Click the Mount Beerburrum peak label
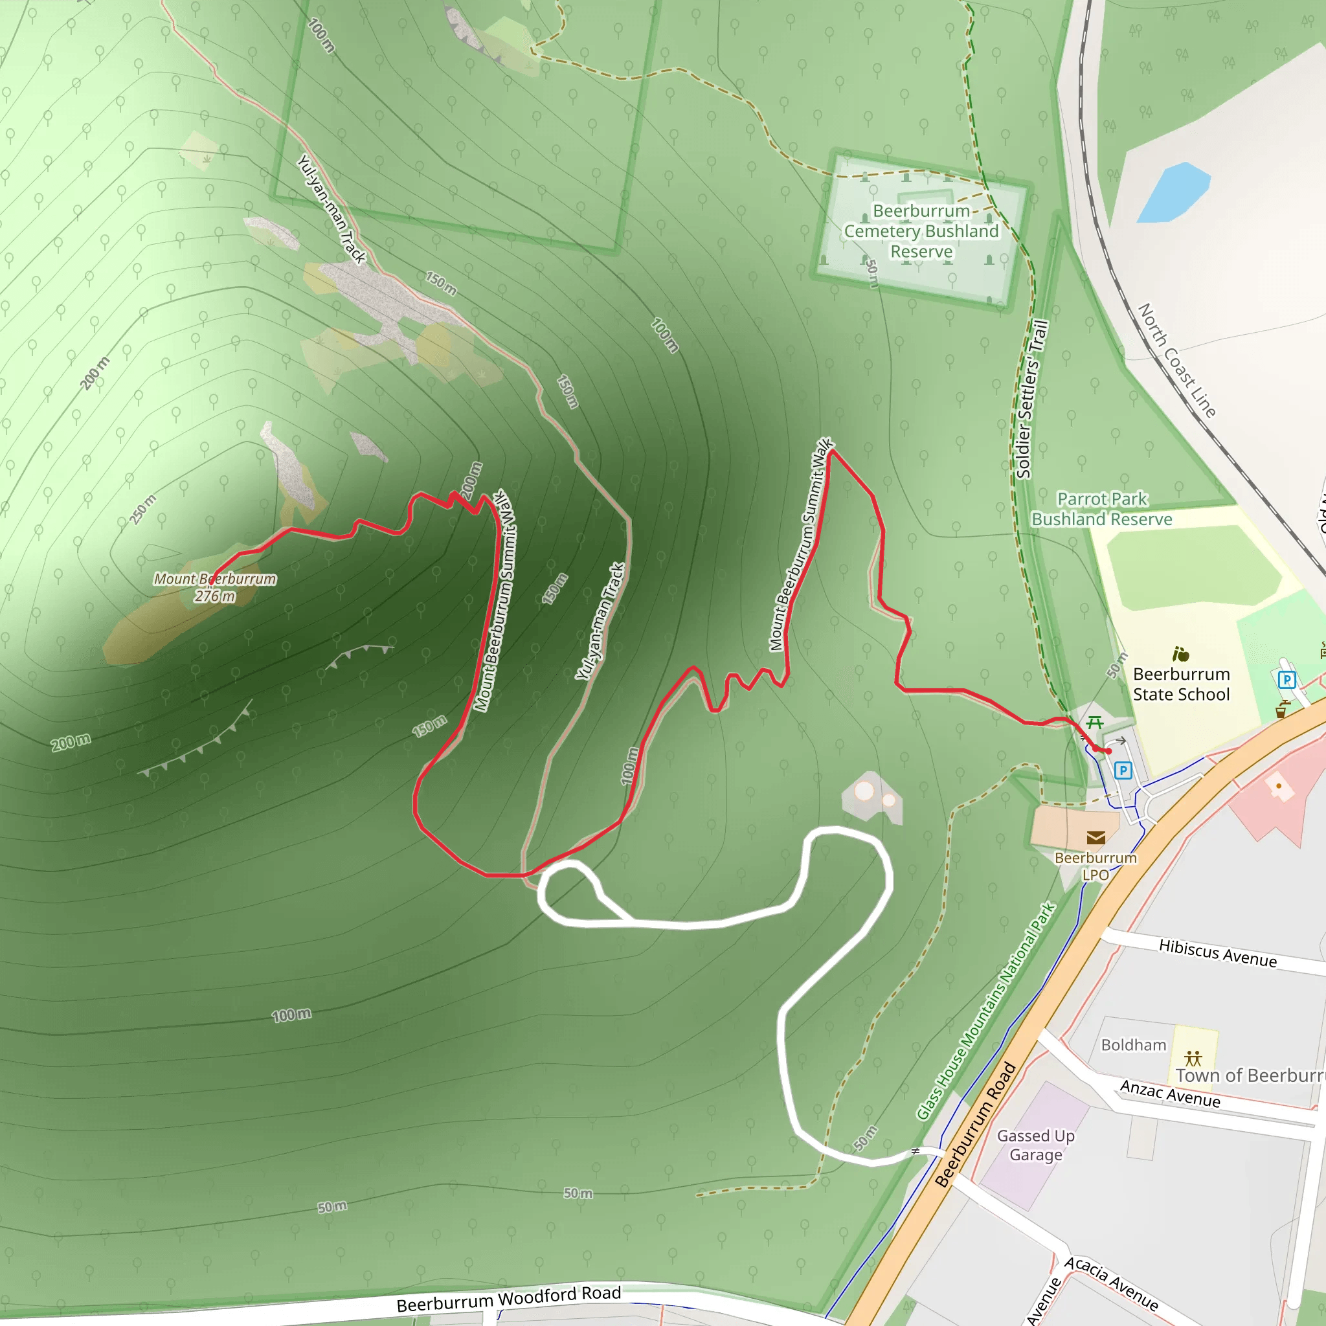tap(214, 579)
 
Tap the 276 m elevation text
tap(214, 596)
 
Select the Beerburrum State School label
tap(1180, 684)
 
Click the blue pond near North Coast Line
tap(1173, 193)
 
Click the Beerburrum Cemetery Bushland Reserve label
tap(921, 230)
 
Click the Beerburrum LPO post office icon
tap(1096, 837)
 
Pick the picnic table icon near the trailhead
tap(1095, 722)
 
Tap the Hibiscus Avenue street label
tap(1218, 952)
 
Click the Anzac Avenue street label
tap(1169, 1094)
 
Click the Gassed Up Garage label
tap(1036, 1145)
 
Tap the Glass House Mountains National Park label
tap(985, 1012)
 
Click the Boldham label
tap(1133, 1044)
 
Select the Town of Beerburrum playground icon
tap(1193, 1058)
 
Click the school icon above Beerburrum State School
tap(1180, 653)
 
